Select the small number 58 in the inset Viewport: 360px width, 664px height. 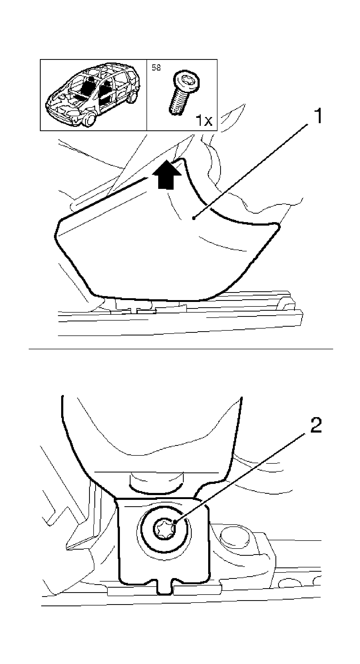(156, 68)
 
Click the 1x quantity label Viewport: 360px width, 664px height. (204, 121)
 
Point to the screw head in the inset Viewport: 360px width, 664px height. (186, 80)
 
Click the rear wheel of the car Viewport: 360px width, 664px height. (132, 96)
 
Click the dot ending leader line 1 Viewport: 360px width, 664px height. (194, 218)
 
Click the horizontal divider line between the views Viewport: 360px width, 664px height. (181, 349)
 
